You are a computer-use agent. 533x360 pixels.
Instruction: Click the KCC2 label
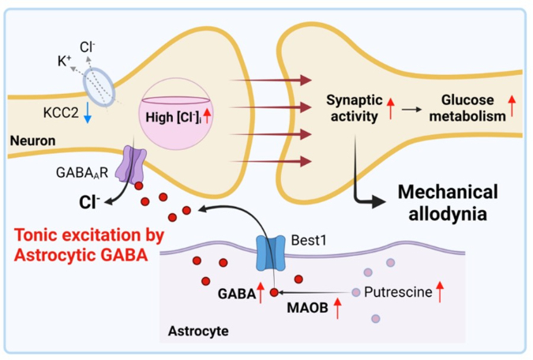pos(61,112)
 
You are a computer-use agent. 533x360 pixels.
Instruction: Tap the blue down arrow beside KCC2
pos(88,112)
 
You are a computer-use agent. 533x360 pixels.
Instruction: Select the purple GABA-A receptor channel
pos(131,164)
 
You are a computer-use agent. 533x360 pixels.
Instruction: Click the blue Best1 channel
pos(270,253)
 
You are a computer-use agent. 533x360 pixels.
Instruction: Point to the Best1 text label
pos(309,240)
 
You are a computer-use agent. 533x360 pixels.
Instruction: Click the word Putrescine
pos(398,292)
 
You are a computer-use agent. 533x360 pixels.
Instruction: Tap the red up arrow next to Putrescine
pos(440,291)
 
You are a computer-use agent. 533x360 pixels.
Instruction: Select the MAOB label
pos(307,308)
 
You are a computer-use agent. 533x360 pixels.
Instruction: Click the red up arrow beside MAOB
pos(337,308)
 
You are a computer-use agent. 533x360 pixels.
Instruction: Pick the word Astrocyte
pos(198,331)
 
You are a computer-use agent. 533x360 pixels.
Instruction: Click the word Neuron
pos(32,141)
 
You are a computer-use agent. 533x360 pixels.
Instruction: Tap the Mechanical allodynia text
pos(448,203)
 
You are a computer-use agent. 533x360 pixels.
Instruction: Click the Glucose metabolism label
pos(467,108)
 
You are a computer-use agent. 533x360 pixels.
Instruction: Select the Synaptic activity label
pos(355,108)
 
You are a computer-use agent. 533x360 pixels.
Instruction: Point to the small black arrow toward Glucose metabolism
pos(411,110)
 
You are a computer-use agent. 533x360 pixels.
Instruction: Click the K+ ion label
pos(64,62)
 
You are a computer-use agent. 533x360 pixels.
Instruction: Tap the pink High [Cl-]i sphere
pos(176,114)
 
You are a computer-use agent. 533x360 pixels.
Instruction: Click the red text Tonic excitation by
pos(89,235)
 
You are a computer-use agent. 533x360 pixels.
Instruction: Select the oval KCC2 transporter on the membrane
pos(99,87)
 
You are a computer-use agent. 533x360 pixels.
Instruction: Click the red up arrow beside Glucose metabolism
pos(512,106)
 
